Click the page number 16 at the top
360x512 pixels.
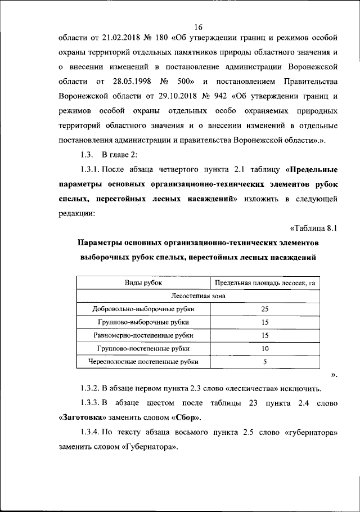coord(197,26)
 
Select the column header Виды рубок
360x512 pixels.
coord(143,282)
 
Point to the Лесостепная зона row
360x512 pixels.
coord(197,296)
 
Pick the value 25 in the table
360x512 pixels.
coord(264,309)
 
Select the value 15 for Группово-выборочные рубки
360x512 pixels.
coord(264,322)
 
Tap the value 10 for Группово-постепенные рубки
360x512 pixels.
coord(264,349)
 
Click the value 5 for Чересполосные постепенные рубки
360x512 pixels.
coord(264,362)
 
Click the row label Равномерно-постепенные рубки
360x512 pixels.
coord(143,336)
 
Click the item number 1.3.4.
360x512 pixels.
coord(91,433)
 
